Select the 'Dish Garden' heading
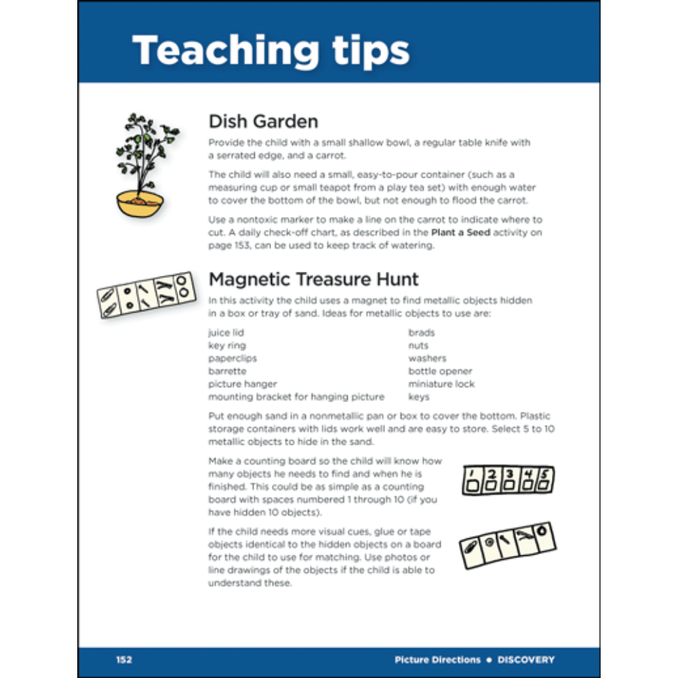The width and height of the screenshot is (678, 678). click(263, 121)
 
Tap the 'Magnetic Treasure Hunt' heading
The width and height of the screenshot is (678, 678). click(313, 279)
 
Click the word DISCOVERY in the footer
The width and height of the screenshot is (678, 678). click(525, 660)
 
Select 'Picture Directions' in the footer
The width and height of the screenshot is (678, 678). click(437, 660)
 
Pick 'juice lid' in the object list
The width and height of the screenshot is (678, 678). click(226, 333)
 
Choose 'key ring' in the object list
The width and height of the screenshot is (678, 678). click(227, 346)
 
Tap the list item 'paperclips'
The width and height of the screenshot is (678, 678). click(233, 359)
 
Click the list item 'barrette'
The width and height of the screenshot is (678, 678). click(227, 372)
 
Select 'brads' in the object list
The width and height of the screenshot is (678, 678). click(421, 333)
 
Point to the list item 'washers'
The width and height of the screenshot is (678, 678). click(427, 359)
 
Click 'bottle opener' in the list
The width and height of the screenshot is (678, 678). click(440, 372)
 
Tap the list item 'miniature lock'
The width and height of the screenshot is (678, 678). click(441, 384)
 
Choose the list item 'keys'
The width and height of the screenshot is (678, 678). click(418, 397)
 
